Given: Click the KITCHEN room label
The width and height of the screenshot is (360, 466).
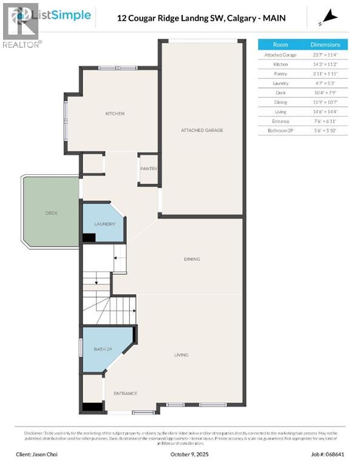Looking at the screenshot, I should (x=115, y=113).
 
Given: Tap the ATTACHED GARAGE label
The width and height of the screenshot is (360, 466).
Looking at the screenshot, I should (x=202, y=130).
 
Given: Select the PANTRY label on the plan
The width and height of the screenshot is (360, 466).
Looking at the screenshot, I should (x=149, y=169).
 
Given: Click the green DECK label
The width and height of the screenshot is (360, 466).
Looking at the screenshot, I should (x=51, y=213).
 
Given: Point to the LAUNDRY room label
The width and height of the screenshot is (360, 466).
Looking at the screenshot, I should (x=104, y=224).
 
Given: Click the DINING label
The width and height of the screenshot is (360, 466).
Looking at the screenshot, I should (x=192, y=259).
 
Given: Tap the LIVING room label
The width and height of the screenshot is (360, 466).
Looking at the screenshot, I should (x=181, y=355).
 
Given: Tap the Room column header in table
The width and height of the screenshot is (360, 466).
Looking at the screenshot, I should (x=280, y=44).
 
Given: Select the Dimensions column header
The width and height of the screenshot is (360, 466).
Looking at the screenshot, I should (x=325, y=44).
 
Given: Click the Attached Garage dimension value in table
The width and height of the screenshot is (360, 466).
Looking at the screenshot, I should (x=325, y=55).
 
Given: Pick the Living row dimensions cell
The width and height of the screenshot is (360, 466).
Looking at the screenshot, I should (x=325, y=112).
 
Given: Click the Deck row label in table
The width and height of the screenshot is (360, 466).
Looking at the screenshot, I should (x=280, y=92).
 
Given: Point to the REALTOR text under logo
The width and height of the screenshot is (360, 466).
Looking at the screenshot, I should (x=22, y=44).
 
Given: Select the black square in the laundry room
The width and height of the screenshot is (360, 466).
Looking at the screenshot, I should (x=89, y=238).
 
